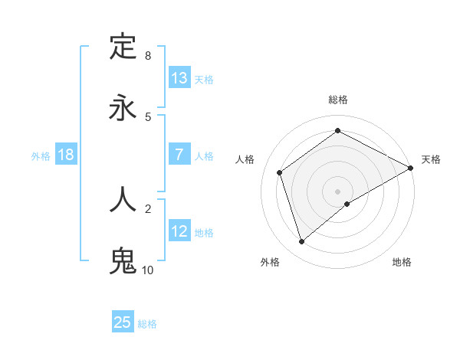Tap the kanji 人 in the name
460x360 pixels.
pyautogui.click(x=123, y=198)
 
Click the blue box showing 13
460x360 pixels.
pyautogui.click(x=179, y=78)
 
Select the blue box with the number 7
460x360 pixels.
pyautogui.click(x=179, y=155)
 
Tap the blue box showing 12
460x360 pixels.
pyautogui.click(x=179, y=231)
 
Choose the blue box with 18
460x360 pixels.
pyautogui.click(x=66, y=155)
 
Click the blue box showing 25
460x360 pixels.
pyautogui.click(x=123, y=322)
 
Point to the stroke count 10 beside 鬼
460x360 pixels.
pyautogui.click(x=147, y=270)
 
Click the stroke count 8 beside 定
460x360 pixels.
pyautogui.click(x=147, y=55)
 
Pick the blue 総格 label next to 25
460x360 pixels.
pyautogui.click(x=147, y=324)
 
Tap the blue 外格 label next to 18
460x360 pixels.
pyautogui.click(x=41, y=156)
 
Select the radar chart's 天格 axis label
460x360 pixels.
pyautogui.click(x=431, y=159)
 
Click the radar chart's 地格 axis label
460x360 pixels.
pyautogui.click(x=402, y=262)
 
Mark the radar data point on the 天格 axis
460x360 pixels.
pyautogui.click(x=411, y=169)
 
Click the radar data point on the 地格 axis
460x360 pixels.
pyautogui.click(x=347, y=204)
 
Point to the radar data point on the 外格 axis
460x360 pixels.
pyautogui.click(x=301, y=242)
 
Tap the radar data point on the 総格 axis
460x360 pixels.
pyautogui.click(x=337, y=131)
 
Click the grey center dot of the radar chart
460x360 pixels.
pyautogui.click(x=337, y=191)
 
